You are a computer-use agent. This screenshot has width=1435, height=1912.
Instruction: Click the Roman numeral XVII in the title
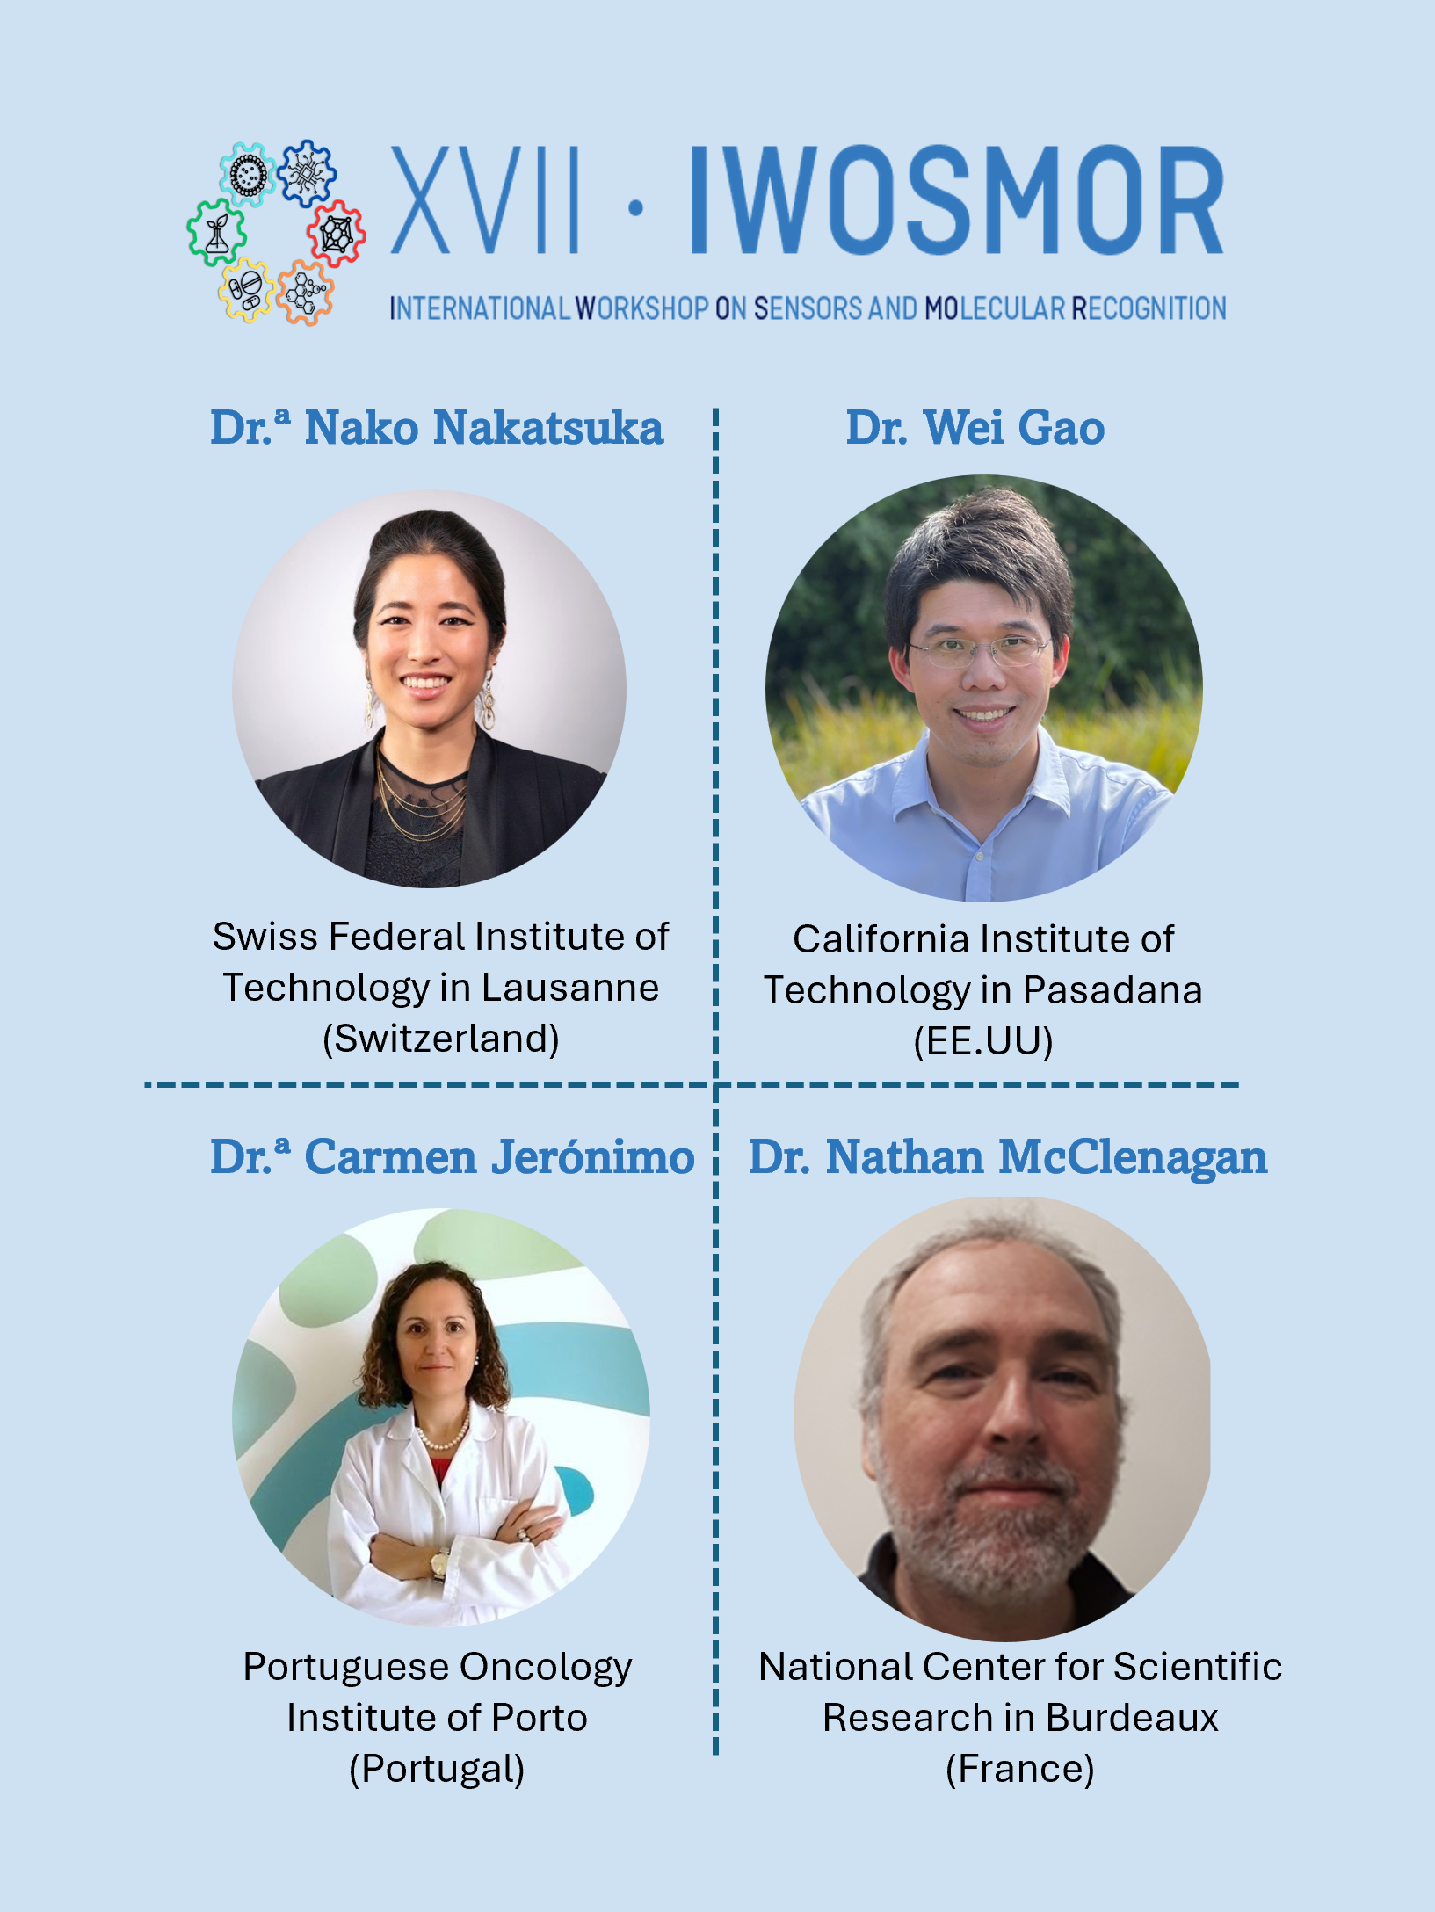(x=484, y=200)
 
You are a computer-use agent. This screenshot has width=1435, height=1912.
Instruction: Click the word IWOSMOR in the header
(x=956, y=200)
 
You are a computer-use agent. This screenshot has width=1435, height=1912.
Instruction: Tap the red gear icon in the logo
(x=337, y=233)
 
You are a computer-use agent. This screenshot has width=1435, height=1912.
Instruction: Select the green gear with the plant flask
(x=216, y=233)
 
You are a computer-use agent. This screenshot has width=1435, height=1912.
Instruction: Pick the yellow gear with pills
(x=247, y=290)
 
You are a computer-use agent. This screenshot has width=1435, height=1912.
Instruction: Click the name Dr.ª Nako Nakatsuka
(x=437, y=428)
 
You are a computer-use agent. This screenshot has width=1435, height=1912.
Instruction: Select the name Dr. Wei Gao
(x=975, y=428)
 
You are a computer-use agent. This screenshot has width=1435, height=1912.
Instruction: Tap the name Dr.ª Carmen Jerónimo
(x=453, y=1157)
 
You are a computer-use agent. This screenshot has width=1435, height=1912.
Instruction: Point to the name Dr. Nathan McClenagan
(x=1008, y=1157)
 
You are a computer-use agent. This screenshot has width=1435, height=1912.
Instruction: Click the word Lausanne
(x=570, y=988)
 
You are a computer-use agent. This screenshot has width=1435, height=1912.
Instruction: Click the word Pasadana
(x=1112, y=990)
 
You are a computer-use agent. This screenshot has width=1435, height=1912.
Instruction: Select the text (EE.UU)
(x=983, y=1042)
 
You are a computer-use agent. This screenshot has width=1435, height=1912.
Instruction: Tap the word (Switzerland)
(x=441, y=1039)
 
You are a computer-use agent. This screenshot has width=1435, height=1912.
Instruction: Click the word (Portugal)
(x=437, y=1770)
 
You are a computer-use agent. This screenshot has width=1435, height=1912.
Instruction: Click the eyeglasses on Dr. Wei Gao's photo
(x=979, y=649)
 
